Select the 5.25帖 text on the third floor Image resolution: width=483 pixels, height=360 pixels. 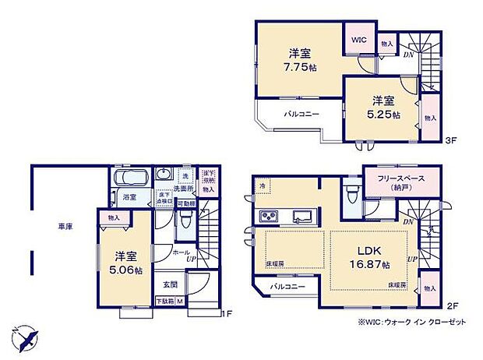[383, 114]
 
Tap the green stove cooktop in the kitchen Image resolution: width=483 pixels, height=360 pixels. [269, 216]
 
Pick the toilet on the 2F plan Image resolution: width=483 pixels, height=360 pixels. [351, 188]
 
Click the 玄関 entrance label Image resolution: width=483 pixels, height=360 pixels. [171, 284]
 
